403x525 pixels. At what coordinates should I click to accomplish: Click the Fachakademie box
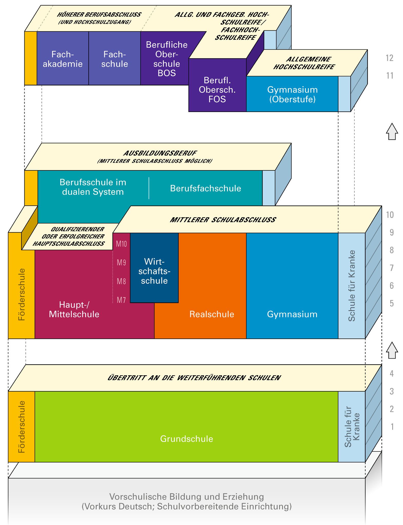[63, 59]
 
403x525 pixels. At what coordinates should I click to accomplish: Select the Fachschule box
[114, 59]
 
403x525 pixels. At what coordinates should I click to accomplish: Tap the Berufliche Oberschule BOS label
[167, 59]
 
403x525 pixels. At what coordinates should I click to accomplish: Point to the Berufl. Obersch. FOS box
[217, 90]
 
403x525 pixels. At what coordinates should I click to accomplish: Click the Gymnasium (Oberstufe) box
[292, 94]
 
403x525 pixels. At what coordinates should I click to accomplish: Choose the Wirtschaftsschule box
[154, 271]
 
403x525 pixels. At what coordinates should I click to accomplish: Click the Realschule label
[212, 314]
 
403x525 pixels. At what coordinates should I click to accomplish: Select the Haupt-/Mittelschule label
[74, 309]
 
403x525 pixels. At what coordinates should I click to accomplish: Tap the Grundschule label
[187, 439]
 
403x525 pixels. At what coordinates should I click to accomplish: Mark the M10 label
[121, 244]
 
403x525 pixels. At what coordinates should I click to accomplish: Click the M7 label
[121, 300]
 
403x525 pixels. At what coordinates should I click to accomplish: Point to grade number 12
[389, 58]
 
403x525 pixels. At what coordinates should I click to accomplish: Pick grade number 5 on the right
[391, 304]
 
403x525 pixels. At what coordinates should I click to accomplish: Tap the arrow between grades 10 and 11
[392, 132]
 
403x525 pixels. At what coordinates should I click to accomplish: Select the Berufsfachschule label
[206, 188]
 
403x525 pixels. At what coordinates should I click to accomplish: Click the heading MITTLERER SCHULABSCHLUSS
[223, 220]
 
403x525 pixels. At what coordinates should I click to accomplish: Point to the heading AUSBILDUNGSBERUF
[160, 153]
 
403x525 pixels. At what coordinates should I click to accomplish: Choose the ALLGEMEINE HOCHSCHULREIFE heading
[304, 63]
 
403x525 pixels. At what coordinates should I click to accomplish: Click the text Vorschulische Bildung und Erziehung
[187, 497]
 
